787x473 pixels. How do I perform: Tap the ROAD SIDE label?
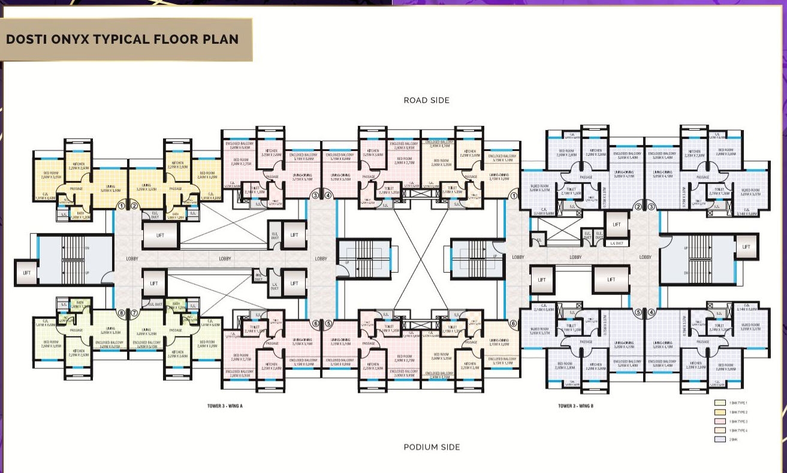click(x=426, y=100)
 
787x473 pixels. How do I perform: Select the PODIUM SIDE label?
click(x=432, y=447)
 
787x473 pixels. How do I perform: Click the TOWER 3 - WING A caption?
click(x=224, y=406)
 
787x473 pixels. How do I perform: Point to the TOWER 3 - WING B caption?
click(x=575, y=406)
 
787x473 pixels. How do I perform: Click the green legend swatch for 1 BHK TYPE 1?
click(x=720, y=403)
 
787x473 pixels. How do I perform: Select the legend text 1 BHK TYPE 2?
click(x=739, y=412)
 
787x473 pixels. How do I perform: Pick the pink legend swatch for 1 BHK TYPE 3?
click(x=720, y=421)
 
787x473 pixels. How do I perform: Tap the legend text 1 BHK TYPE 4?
click(x=739, y=430)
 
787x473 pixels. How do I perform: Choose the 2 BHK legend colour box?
click(x=720, y=439)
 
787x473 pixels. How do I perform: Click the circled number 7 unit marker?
click(x=135, y=313)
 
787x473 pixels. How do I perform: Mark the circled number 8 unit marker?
click(x=121, y=313)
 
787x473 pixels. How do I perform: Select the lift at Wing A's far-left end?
click(x=26, y=273)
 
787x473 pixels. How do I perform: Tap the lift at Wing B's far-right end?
click(x=746, y=246)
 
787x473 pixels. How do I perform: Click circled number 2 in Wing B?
click(x=638, y=207)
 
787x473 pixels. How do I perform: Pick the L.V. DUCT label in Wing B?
click(x=617, y=243)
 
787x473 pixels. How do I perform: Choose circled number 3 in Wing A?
click(x=315, y=195)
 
